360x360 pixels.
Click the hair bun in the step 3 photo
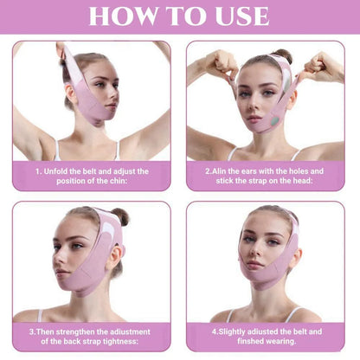coord(120,215)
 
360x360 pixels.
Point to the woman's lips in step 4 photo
coord(256,273)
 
